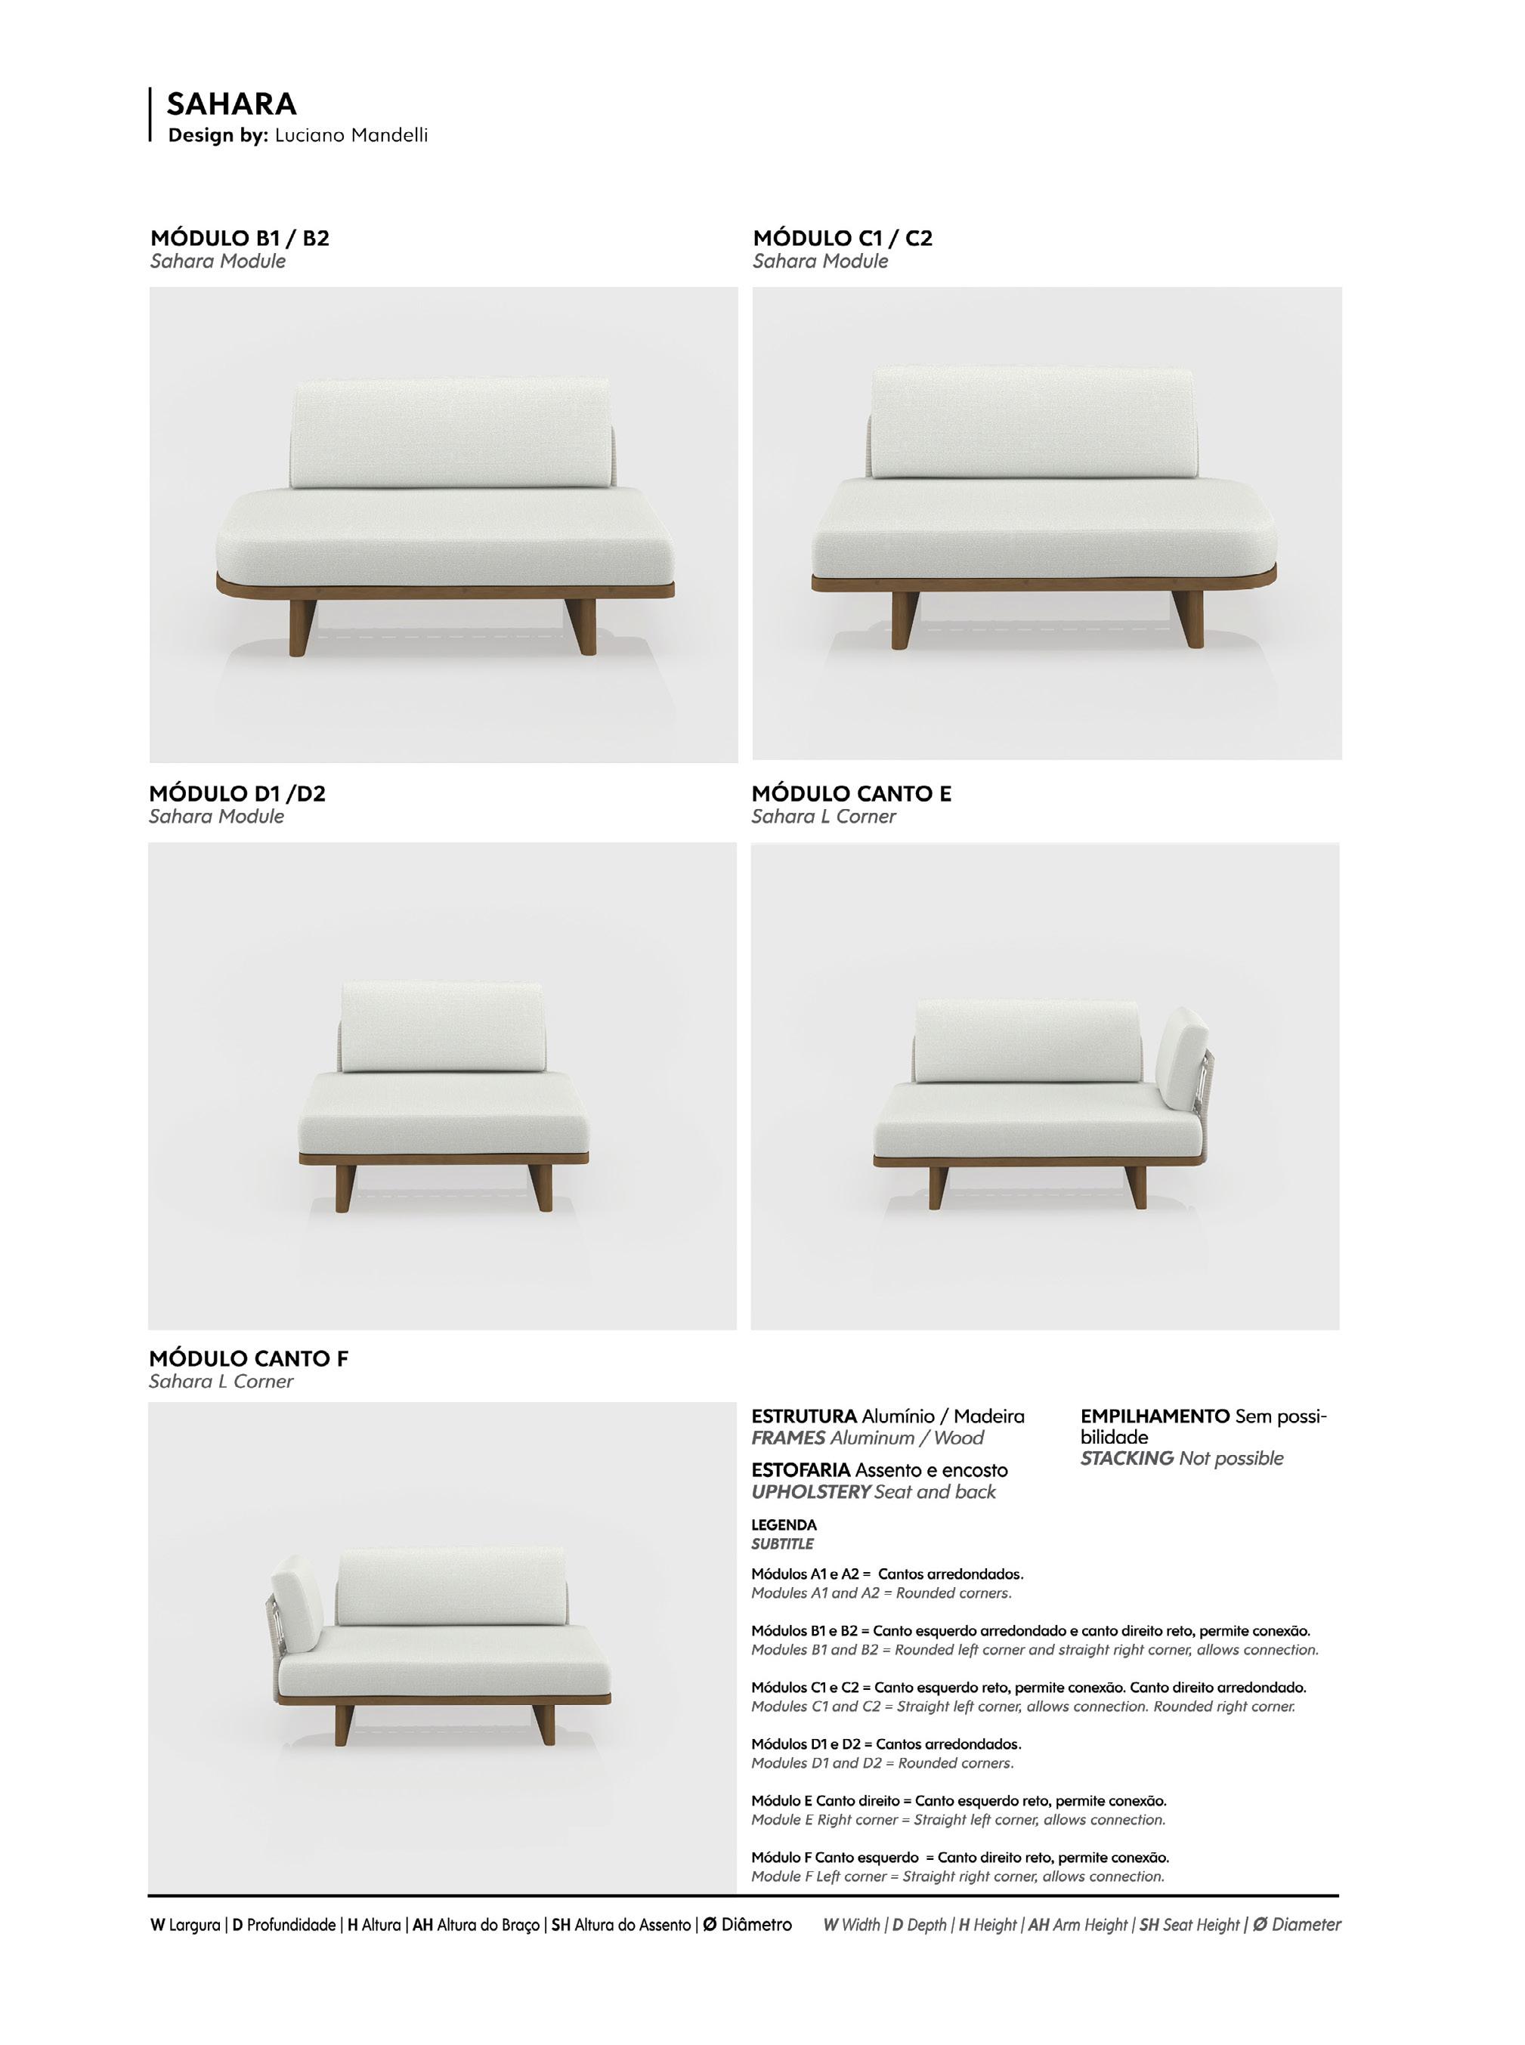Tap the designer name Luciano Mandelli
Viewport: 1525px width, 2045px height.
351,136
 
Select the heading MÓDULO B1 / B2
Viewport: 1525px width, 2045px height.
239,238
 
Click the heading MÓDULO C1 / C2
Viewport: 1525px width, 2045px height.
842,238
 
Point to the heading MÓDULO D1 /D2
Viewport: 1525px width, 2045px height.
237,794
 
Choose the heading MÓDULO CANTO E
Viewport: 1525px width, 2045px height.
851,794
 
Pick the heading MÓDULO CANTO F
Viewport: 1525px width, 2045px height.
249,1359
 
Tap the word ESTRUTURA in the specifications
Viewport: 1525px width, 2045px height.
803,1416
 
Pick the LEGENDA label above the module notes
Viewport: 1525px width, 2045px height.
784,1525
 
